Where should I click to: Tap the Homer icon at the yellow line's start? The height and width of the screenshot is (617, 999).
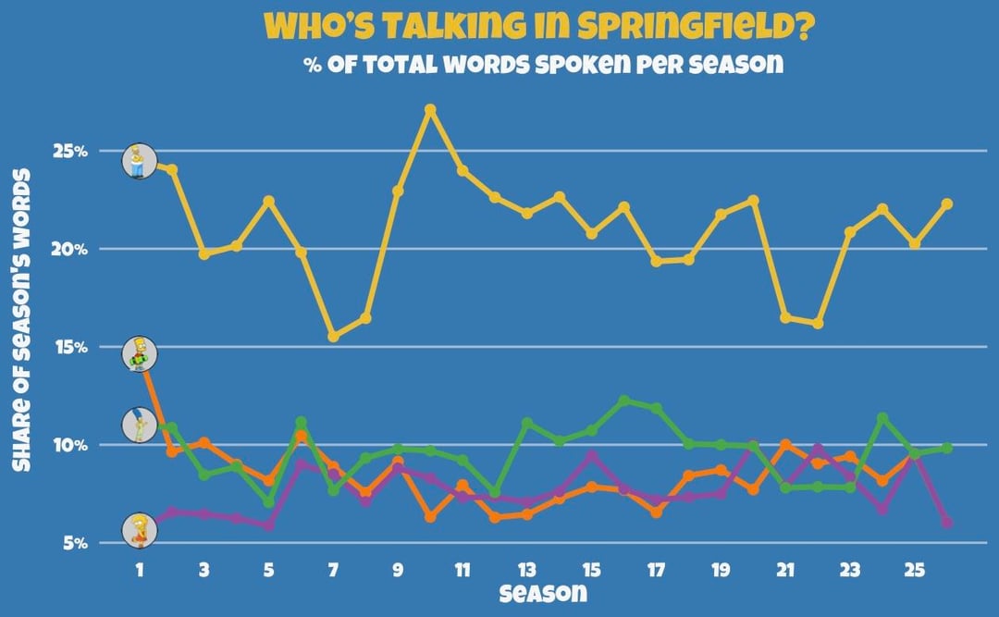[x=138, y=161]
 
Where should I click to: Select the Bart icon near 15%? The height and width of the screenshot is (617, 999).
[x=140, y=352]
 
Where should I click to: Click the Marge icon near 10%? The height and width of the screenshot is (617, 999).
[x=140, y=426]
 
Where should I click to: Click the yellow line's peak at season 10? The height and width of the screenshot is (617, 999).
[x=430, y=109]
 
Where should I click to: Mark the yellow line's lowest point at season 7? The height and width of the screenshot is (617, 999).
[x=333, y=337]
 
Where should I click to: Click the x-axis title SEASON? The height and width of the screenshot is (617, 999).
[x=542, y=593]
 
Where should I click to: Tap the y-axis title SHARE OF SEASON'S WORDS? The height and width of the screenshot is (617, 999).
[x=22, y=319]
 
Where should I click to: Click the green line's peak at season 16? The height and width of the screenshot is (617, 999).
[x=624, y=401]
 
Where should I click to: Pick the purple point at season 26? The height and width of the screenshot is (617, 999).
[x=947, y=523]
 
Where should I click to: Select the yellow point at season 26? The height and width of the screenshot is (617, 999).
[x=947, y=204]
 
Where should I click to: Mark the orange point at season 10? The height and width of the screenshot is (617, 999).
[x=430, y=517]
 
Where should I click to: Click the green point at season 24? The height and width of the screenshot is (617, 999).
[x=882, y=418]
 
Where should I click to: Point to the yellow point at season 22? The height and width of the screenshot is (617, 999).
[x=818, y=323]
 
